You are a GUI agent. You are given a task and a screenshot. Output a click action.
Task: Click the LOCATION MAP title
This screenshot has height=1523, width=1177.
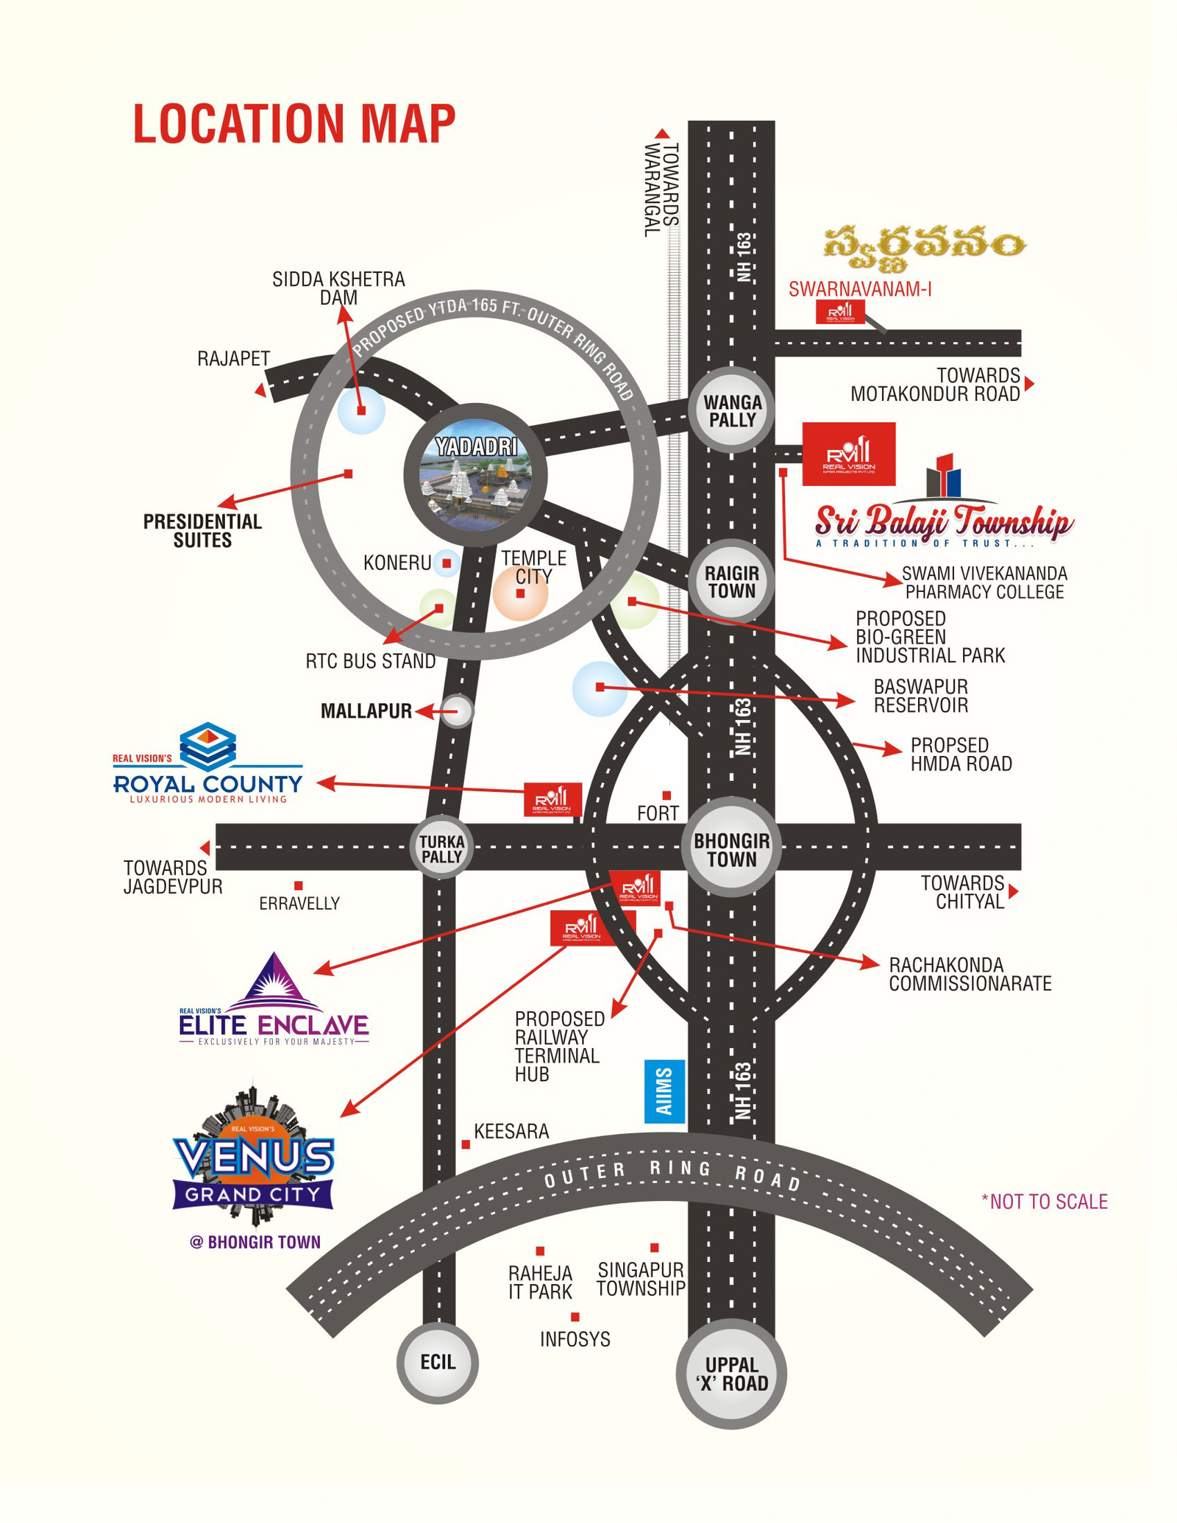(294, 123)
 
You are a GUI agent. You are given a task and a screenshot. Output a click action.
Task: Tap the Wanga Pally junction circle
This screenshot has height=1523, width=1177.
(732, 411)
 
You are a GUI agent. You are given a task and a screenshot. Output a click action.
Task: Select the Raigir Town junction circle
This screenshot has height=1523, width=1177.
(732, 582)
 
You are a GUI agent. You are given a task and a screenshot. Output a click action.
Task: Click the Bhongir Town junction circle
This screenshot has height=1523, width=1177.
(732, 850)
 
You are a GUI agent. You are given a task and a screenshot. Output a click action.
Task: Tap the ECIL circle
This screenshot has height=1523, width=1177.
(438, 1362)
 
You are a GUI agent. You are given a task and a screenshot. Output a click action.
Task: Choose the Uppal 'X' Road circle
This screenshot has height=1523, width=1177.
(731, 1374)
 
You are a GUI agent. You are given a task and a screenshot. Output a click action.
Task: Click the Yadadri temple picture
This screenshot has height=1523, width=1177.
(475, 475)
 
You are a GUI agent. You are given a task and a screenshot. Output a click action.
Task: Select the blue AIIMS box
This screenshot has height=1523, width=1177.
(664, 1091)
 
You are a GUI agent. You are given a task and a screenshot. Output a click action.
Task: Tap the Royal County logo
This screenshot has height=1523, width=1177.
(208, 765)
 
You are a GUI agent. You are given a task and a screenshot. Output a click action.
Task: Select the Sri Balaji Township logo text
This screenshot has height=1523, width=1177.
(944, 521)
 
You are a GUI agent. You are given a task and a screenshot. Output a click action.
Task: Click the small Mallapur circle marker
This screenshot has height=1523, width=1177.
(458, 711)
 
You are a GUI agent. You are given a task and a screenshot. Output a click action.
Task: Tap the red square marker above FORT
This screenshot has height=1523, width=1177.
(666, 796)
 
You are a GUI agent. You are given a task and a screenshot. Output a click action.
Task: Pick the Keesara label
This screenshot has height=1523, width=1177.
(511, 1132)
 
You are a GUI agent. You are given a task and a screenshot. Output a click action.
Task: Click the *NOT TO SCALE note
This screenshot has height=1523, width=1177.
(1044, 1202)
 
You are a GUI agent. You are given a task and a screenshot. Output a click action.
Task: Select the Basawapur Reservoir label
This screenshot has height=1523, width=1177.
(920, 696)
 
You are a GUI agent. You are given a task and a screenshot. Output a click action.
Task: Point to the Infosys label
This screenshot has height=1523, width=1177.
(575, 1339)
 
